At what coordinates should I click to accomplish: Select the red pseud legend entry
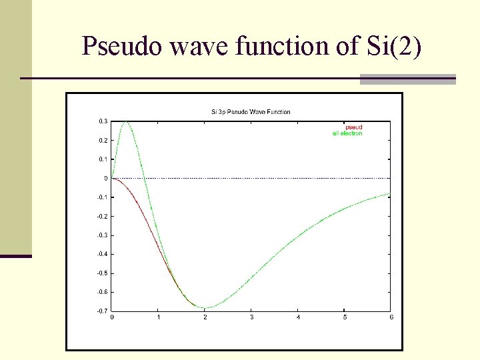pyautogui.click(x=353, y=127)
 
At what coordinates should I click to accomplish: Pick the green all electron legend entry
pyautogui.click(x=347, y=134)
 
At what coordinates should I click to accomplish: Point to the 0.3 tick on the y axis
pyautogui.click(x=103, y=121)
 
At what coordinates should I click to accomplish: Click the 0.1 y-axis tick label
pyautogui.click(x=103, y=159)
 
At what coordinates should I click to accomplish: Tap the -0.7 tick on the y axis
pyautogui.click(x=101, y=311)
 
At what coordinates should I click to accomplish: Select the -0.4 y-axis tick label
pyautogui.click(x=101, y=254)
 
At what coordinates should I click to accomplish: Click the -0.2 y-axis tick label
pyautogui.click(x=101, y=216)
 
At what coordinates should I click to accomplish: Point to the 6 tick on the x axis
pyautogui.click(x=391, y=317)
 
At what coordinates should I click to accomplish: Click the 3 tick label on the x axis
pyautogui.click(x=251, y=317)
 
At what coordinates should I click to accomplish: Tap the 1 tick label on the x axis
pyautogui.click(x=158, y=317)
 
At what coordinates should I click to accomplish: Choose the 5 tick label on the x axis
pyautogui.click(x=345, y=317)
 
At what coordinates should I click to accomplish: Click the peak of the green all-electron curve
pyautogui.click(x=125, y=122)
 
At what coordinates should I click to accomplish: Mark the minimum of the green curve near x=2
pyautogui.click(x=205, y=307)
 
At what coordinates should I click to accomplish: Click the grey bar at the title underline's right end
pyautogui.click(x=407, y=79)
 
